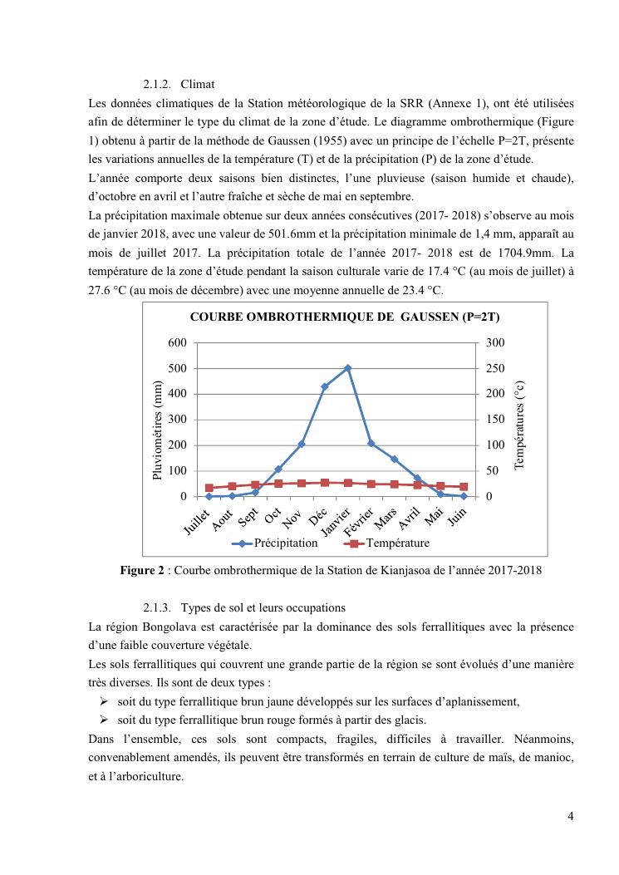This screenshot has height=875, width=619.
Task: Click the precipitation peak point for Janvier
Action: [x=348, y=367]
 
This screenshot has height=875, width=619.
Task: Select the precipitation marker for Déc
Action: [x=325, y=386]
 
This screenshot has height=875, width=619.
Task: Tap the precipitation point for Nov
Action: [x=302, y=444]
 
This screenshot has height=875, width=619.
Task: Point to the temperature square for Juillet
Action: [x=209, y=488]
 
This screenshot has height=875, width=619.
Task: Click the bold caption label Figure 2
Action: [x=145, y=571]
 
